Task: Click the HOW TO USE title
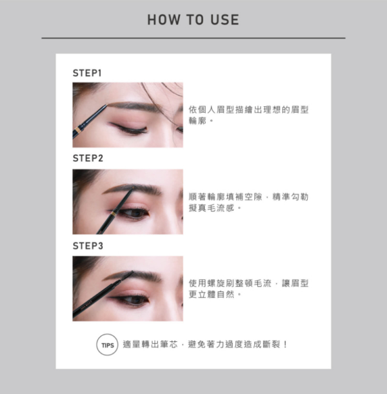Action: (193, 19)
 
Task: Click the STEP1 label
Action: (87, 73)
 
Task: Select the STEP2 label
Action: (88, 158)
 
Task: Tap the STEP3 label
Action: (88, 246)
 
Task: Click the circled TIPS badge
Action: (107, 345)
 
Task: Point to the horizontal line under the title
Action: (193, 38)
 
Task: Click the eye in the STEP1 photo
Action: (128, 128)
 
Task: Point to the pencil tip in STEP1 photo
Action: (107, 105)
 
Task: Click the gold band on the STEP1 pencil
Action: (78, 130)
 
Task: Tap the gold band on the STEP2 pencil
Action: (114, 213)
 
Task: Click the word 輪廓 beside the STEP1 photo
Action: (197, 121)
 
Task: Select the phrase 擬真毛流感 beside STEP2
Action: (212, 208)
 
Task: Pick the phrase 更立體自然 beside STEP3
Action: (212, 294)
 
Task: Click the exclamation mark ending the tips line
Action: (285, 344)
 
